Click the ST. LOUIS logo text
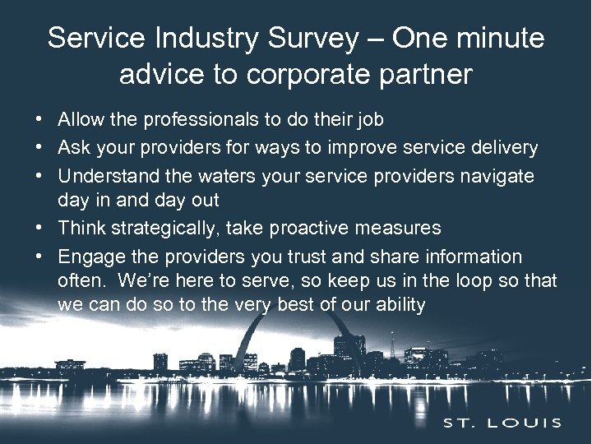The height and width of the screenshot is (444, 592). click(503, 423)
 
